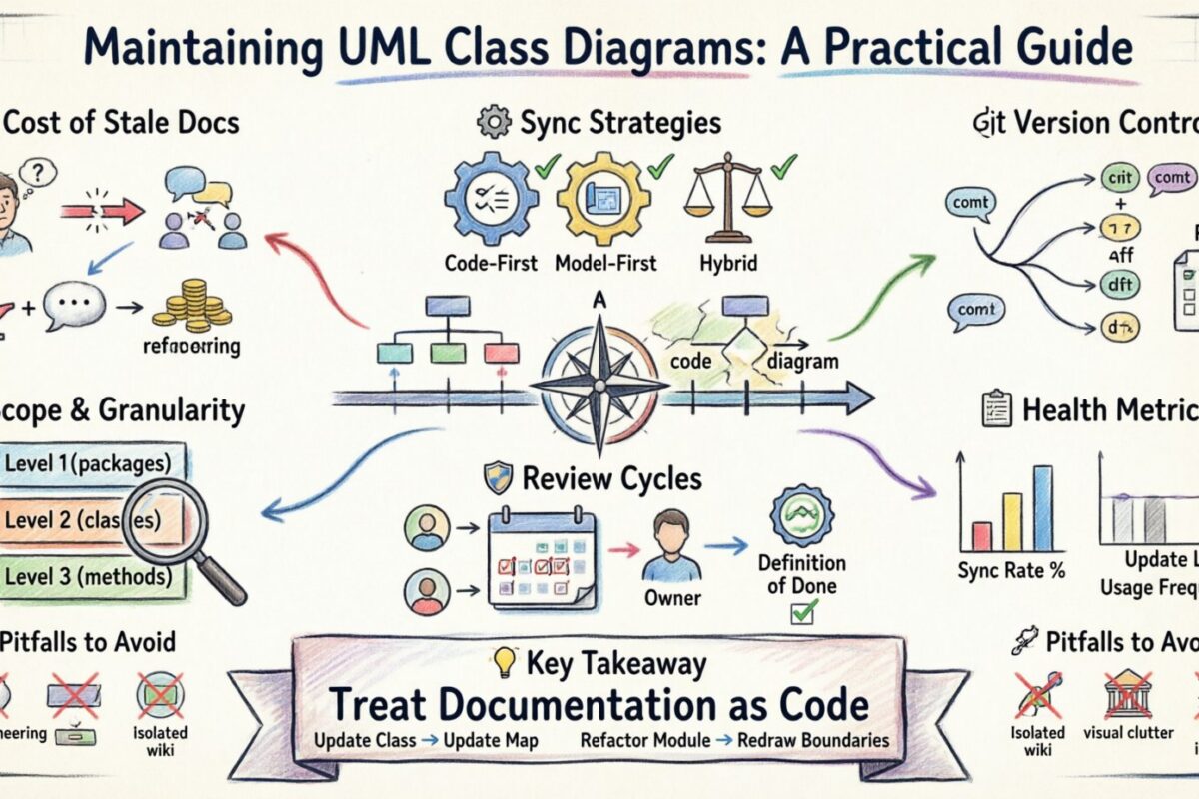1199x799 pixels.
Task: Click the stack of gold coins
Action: (x=196, y=305)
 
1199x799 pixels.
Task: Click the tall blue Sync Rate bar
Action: (x=1043, y=509)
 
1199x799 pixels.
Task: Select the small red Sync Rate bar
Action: (x=981, y=536)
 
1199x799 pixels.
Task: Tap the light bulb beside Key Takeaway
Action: (x=505, y=662)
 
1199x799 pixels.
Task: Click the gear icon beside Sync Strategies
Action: (x=494, y=124)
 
